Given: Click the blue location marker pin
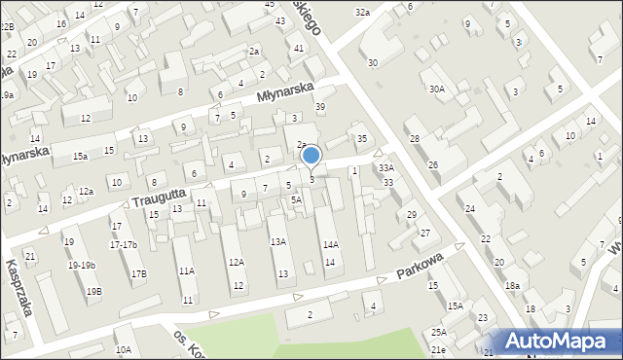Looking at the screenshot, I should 311,156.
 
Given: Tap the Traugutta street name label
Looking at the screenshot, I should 157,197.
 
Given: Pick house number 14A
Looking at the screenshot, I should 330,245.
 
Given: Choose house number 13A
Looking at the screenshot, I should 278,241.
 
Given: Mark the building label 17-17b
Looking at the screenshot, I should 124,244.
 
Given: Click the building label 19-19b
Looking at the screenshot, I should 80,266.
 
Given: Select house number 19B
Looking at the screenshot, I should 93,291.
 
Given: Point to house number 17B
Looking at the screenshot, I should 138,274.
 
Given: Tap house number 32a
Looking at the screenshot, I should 362,13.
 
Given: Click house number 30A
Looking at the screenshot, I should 436,89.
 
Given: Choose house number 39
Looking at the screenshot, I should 319,107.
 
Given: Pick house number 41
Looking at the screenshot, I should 299,48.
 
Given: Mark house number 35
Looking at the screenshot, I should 362,139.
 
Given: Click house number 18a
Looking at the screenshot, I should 512,285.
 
